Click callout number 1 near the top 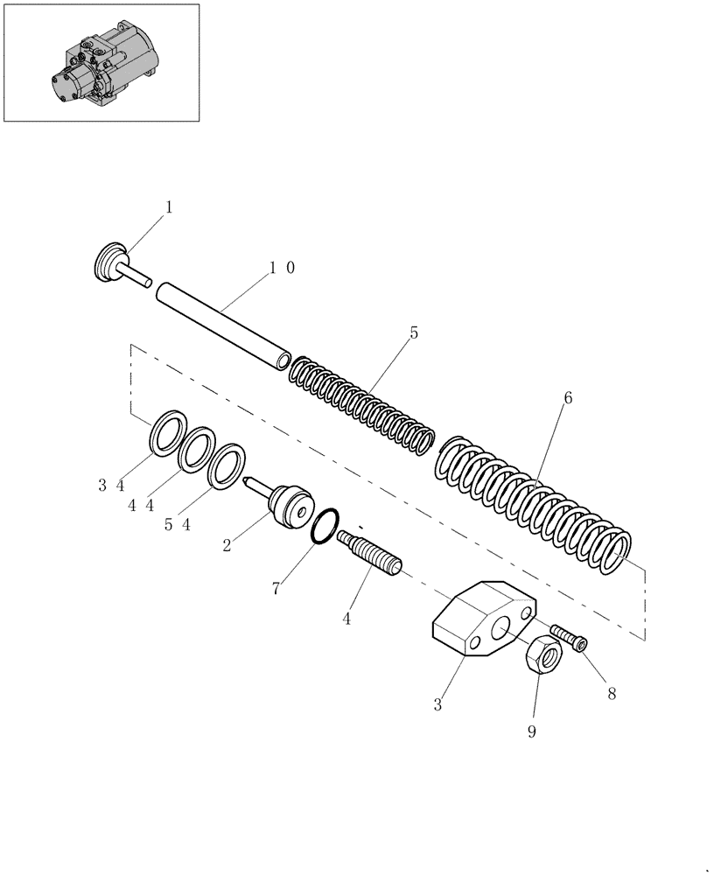tap(169, 208)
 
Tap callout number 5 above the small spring tap(414, 333)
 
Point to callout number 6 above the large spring tap(568, 398)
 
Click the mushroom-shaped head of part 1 tap(109, 262)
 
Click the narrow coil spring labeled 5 tap(362, 403)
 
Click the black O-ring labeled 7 tap(325, 527)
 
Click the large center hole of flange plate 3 tap(502, 631)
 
